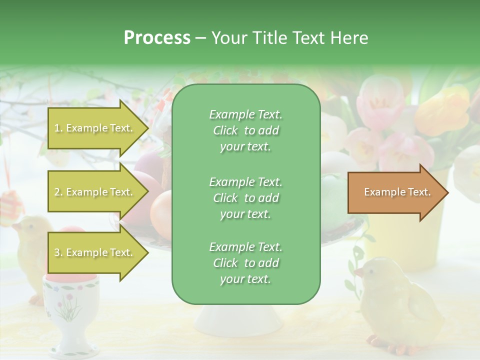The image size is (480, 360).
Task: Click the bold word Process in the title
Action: pyautogui.click(x=157, y=37)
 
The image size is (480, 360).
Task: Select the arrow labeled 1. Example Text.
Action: pyautogui.click(x=98, y=128)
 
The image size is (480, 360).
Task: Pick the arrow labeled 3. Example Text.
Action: pyautogui.click(x=98, y=253)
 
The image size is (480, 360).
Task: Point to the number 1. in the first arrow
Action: pyautogui.click(x=58, y=128)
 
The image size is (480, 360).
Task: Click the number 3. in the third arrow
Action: pyautogui.click(x=58, y=253)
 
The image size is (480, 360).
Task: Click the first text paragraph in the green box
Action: pyautogui.click(x=245, y=130)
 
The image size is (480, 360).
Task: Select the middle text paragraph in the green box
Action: pyautogui.click(x=245, y=197)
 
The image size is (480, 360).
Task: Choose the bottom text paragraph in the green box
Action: pyautogui.click(x=245, y=263)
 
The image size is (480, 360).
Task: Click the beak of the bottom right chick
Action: pyautogui.click(x=358, y=273)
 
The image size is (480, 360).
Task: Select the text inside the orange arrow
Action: pyautogui.click(x=397, y=192)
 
